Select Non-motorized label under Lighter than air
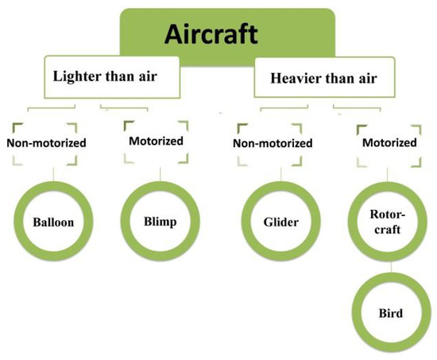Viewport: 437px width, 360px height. [x=46, y=144]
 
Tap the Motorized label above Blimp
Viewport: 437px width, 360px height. [x=155, y=141]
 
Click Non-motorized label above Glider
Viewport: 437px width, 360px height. [x=269, y=144]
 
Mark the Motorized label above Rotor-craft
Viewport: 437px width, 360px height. [x=389, y=143]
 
